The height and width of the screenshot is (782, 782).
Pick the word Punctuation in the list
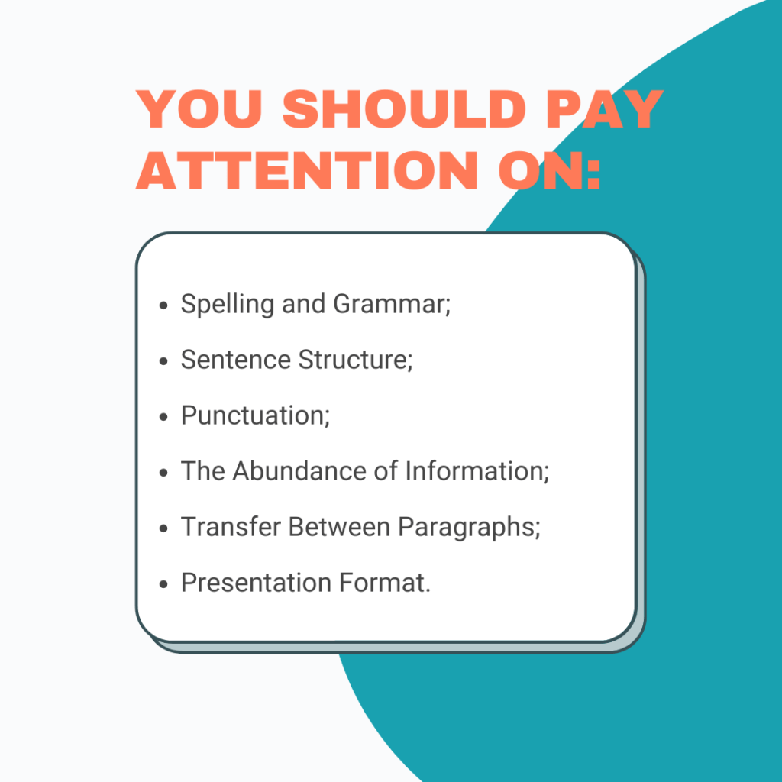click(x=254, y=416)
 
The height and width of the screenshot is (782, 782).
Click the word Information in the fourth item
click(x=477, y=471)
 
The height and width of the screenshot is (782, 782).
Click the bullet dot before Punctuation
click(x=163, y=417)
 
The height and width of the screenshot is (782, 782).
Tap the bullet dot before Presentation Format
click(x=163, y=584)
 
